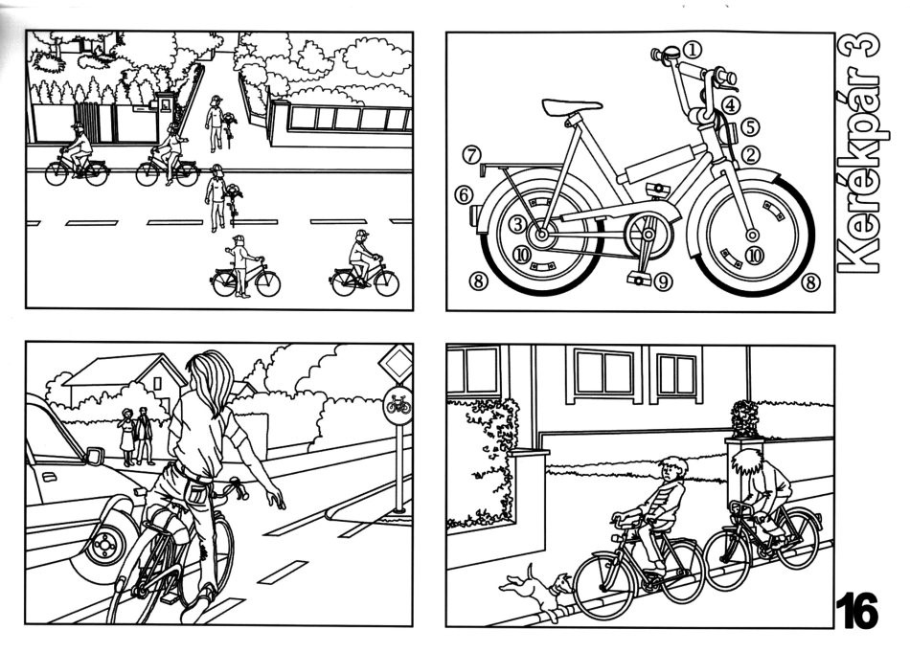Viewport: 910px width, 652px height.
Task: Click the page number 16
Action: [856, 610]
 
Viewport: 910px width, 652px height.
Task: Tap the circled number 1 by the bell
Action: [692, 50]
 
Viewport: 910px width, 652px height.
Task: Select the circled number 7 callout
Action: [472, 155]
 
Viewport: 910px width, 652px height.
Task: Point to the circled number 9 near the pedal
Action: [663, 281]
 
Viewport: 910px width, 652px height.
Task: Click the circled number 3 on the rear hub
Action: [518, 224]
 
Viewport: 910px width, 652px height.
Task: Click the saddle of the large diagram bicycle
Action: [572, 107]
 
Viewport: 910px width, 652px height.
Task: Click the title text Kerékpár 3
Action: [858, 151]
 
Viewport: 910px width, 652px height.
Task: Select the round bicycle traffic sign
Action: [398, 404]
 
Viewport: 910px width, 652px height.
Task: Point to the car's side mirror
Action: [94, 456]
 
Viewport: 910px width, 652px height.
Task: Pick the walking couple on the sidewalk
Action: [136, 437]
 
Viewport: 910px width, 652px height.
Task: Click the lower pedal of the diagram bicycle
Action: [639, 280]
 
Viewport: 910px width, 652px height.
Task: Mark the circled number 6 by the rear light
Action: [463, 195]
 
